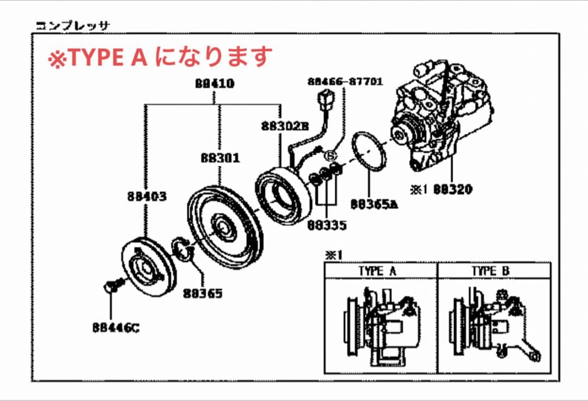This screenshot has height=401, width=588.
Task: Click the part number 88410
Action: pyautogui.click(x=215, y=84)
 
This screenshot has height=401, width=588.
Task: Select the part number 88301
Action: pyautogui.click(x=220, y=158)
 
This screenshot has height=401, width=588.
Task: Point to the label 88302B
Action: pyautogui.click(x=284, y=126)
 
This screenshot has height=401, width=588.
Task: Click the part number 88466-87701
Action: pyautogui.click(x=345, y=82)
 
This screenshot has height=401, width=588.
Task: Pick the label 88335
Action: pyautogui.click(x=327, y=224)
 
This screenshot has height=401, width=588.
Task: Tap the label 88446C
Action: pyautogui.click(x=115, y=328)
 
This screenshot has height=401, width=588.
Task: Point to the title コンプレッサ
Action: pyautogui.click(x=72, y=25)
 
